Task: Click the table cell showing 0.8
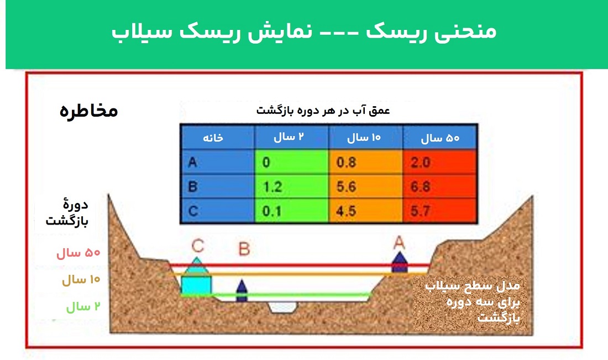coord(366,162)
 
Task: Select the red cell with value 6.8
coord(439,186)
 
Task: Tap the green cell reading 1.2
coord(292,186)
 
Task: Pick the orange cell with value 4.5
coord(366,211)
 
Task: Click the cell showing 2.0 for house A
coord(439,162)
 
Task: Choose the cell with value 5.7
coord(439,211)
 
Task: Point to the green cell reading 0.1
coord(292,211)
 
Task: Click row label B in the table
coord(218,186)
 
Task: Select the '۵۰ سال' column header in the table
coord(440,137)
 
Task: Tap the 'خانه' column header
coord(218,137)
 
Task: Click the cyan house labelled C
coord(197,277)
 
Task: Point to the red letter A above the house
coord(399,242)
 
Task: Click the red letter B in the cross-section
coord(244,249)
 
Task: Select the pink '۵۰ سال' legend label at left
coord(78,253)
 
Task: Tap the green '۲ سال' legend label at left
coord(83,307)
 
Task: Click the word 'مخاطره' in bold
coord(88,111)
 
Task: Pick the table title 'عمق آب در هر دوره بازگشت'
coord(323,111)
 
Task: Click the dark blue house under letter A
coord(400,263)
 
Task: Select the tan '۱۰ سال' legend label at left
coord(81,280)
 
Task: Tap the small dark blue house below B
coord(242,291)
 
